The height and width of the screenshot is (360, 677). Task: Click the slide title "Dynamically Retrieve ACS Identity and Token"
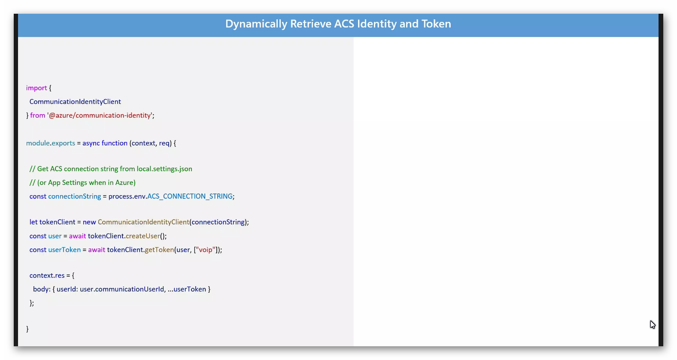point(338,24)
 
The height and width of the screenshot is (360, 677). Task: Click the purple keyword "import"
point(36,88)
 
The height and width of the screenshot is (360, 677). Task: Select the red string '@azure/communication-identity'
point(100,115)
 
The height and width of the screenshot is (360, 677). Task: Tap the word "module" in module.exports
point(38,143)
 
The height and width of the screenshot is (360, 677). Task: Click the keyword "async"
point(91,143)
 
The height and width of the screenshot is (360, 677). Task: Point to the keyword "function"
point(114,143)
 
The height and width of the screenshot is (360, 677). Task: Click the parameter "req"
point(164,143)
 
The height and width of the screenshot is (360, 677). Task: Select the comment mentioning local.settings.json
point(111,169)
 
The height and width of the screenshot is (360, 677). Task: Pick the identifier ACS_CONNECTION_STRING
point(190,197)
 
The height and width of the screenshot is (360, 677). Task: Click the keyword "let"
point(33,222)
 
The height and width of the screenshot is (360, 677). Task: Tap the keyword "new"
point(89,222)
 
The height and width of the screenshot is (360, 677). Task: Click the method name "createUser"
point(143,236)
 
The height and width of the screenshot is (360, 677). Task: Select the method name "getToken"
point(159,250)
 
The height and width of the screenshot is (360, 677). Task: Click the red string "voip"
point(206,250)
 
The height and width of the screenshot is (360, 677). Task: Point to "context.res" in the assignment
point(47,275)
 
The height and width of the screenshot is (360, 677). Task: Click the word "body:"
point(42,289)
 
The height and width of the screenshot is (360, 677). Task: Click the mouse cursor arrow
point(653,325)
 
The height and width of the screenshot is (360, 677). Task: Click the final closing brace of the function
point(27,329)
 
